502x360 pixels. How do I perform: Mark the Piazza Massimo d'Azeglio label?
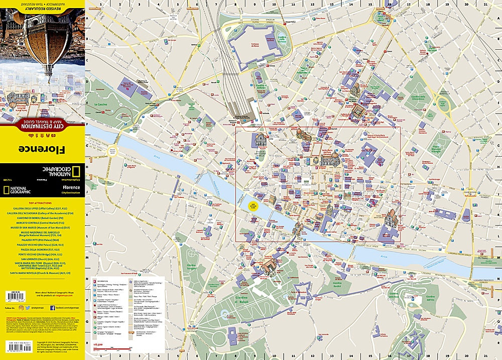pos(440,148)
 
